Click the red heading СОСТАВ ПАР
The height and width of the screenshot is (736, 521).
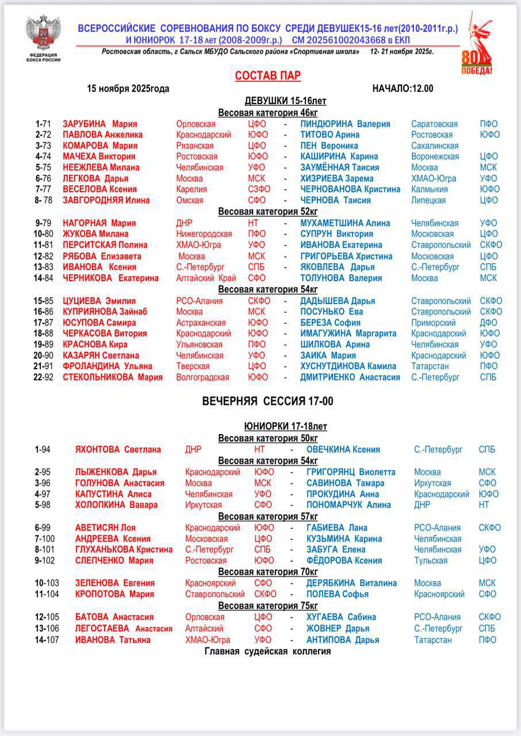pos(267,76)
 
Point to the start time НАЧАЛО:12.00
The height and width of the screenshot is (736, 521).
pos(403,89)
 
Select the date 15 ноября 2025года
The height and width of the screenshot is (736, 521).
pos(128,89)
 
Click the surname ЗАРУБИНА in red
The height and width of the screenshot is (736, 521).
pos(85,124)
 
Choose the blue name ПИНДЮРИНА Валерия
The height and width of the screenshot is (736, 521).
pos(345,124)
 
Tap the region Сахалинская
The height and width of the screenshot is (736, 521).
pos(434,146)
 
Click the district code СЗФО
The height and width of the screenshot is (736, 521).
pos(259,189)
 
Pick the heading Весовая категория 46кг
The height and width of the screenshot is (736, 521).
pos(268,113)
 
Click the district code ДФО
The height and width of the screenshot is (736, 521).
pos(489,323)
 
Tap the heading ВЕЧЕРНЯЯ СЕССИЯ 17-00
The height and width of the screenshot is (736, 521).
pos(267,402)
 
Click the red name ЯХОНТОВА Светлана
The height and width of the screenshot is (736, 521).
pos(118,450)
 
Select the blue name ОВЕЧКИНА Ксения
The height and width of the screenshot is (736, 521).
pos(343,450)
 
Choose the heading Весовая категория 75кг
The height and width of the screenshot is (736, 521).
pos(268,606)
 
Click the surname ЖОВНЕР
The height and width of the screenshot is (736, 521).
pos(324,628)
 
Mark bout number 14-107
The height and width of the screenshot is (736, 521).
pos(47,640)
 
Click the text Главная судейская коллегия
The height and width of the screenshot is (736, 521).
pos(267,651)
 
